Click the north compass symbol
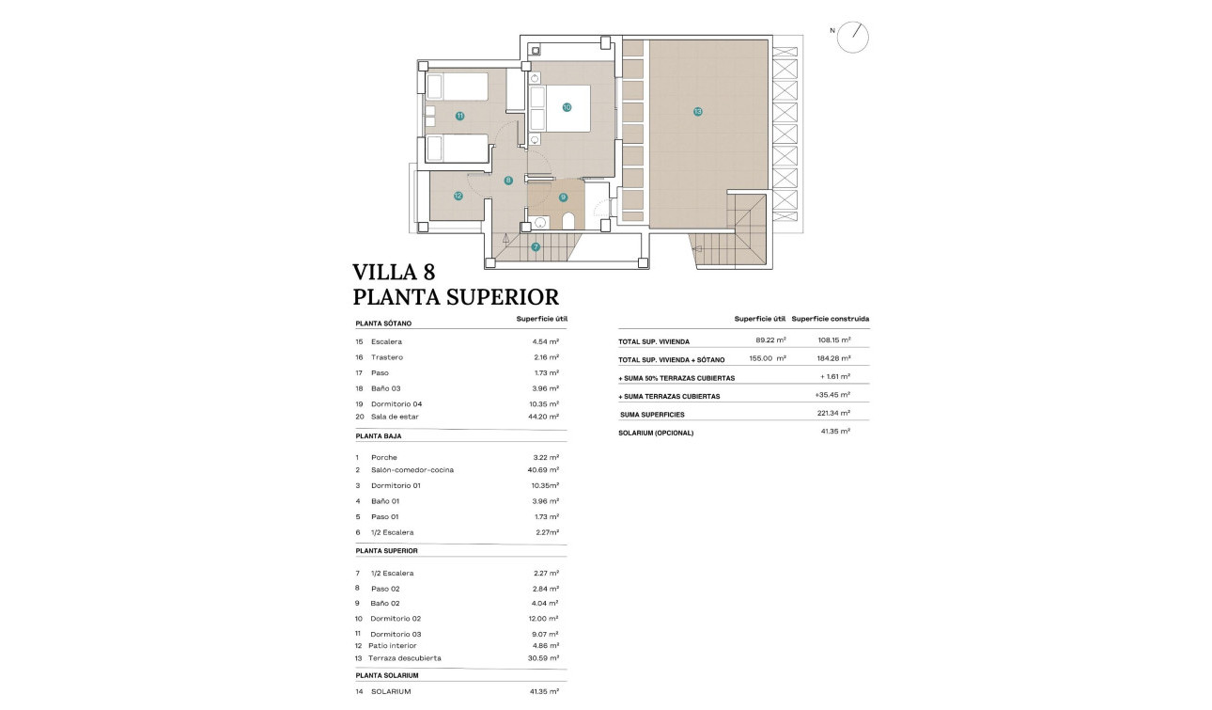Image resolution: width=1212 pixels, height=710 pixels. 853,37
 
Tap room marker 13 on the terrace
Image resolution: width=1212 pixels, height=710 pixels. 697,111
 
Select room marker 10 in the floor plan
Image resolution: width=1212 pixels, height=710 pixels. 567,107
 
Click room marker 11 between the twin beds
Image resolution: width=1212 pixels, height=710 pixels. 459,116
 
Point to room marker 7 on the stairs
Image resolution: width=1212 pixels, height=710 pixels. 536,247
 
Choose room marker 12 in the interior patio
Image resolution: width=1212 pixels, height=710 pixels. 458,196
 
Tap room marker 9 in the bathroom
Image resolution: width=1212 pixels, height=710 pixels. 563,197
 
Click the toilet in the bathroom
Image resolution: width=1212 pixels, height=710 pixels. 567,222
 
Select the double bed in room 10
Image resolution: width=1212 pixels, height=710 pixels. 561,108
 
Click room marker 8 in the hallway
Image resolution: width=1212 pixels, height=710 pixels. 508,181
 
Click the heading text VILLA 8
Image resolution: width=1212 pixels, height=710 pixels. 394,273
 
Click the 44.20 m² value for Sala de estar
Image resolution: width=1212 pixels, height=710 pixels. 545,417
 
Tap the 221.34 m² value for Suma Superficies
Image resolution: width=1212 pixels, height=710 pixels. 833,414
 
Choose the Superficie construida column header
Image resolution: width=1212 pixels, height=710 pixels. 830,319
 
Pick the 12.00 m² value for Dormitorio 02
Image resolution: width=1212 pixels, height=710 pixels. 545,619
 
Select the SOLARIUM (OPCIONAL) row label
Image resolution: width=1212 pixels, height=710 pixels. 656,433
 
